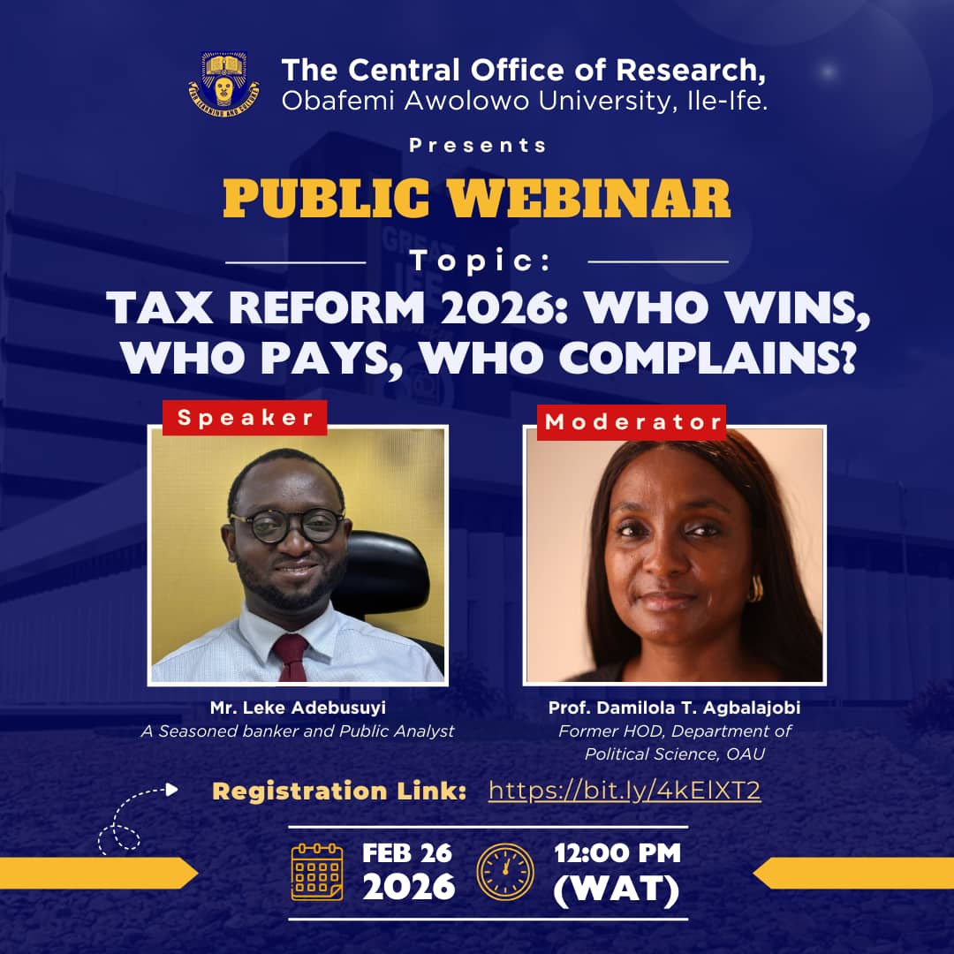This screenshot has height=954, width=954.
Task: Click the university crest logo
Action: pos(223,85)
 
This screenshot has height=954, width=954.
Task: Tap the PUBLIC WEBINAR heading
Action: pos(477,200)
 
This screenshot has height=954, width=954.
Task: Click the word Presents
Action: pos(477,145)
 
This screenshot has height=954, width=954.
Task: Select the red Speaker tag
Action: pos(245,418)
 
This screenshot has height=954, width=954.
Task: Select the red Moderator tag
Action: pos(632,422)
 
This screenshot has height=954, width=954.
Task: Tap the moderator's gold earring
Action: pos(755,588)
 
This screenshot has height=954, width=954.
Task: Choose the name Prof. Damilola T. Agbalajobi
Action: pos(674,708)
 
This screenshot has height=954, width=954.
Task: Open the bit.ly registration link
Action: pos(625,790)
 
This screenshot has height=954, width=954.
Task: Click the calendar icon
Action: pos(317,870)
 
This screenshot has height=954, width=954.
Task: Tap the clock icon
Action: pos(505,870)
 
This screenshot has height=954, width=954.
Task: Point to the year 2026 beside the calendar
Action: pos(408,886)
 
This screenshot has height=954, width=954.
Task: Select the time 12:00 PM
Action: pos(617,853)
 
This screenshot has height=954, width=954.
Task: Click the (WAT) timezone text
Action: pos(617,890)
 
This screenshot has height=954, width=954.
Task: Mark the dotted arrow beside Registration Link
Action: pos(132,817)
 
